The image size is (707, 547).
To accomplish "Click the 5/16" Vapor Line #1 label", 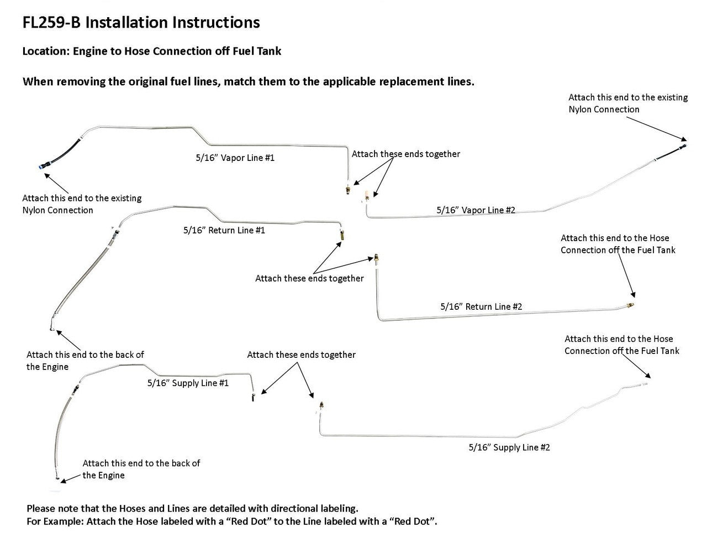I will point(235,158).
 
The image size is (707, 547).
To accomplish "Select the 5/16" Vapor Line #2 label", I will point(476,210).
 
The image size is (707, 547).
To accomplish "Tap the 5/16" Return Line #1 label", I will point(224,230).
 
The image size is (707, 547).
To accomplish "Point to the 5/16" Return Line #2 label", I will point(481,306).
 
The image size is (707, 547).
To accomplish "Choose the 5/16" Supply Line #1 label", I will point(188,383).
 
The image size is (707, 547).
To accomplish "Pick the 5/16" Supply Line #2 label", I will point(509,447).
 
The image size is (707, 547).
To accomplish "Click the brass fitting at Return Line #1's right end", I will point(342,235).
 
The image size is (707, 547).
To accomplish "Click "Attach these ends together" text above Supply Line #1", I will point(301,355).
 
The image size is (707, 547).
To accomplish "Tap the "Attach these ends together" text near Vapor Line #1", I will point(405,154).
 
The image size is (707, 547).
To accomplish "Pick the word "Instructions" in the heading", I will point(216,23).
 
